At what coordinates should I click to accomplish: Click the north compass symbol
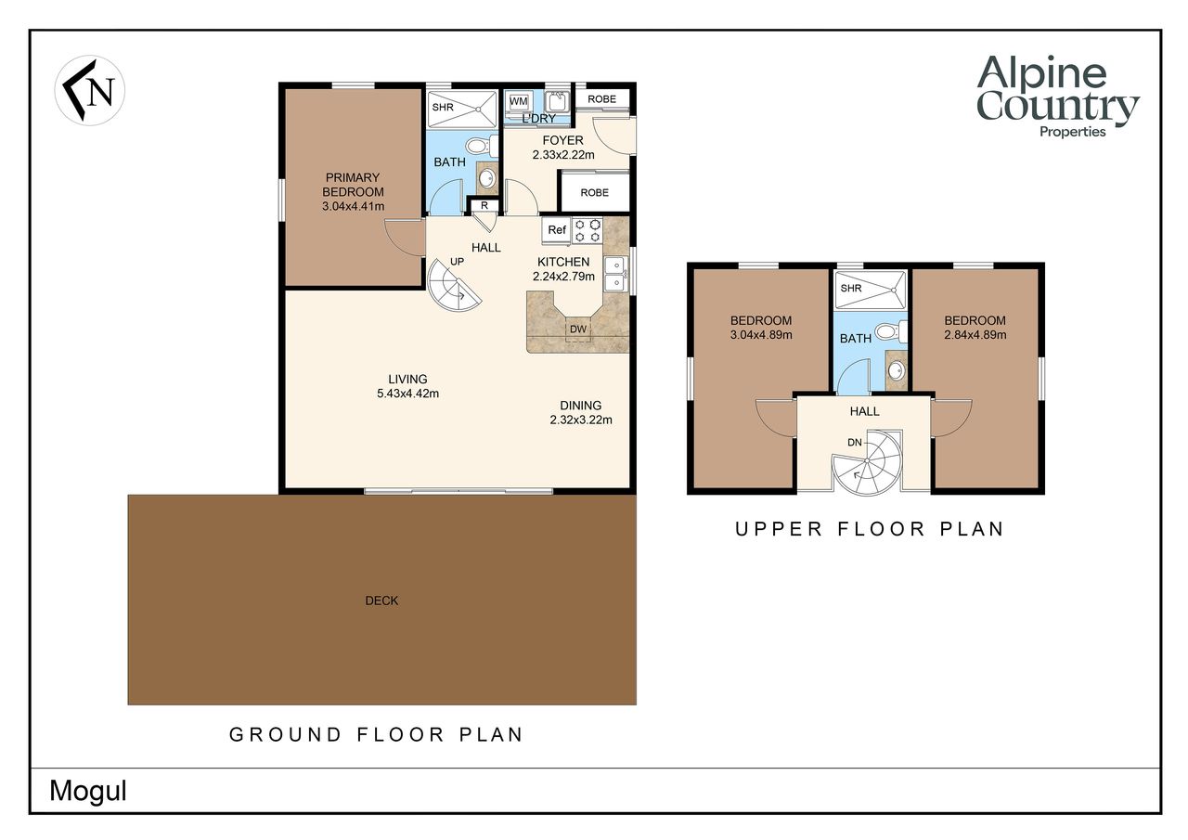pyautogui.click(x=90, y=90)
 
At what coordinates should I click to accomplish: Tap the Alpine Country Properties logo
pyautogui.click(x=1057, y=97)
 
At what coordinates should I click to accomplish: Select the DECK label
pyautogui.click(x=381, y=601)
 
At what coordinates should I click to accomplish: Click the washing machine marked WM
pyautogui.click(x=518, y=101)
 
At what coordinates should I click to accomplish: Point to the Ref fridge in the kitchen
pyautogui.click(x=556, y=230)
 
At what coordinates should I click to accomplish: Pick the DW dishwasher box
pyautogui.click(x=578, y=330)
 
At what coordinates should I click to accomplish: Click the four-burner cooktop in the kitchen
pyautogui.click(x=588, y=231)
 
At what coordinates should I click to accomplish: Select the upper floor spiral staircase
pyautogui.click(x=867, y=462)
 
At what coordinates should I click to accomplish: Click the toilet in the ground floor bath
pyautogui.click(x=482, y=146)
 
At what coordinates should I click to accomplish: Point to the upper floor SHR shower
pyautogui.click(x=871, y=290)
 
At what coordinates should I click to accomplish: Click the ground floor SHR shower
pyautogui.click(x=462, y=109)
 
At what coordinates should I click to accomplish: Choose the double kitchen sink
pyautogui.click(x=614, y=274)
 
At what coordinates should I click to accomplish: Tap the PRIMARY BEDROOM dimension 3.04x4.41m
pyautogui.click(x=354, y=206)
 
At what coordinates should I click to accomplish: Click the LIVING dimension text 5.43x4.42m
pyautogui.click(x=407, y=394)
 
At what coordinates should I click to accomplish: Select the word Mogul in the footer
pyautogui.click(x=88, y=791)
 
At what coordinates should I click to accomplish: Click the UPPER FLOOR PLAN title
pyautogui.click(x=870, y=529)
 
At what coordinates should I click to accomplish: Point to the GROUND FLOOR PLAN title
pyautogui.click(x=376, y=734)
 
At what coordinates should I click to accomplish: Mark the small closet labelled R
pyautogui.click(x=484, y=206)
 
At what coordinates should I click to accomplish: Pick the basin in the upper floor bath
pyautogui.click(x=897, y=370)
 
